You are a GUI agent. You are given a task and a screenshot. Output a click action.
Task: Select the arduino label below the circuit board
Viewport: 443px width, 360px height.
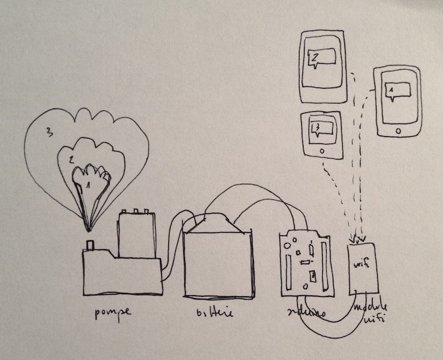point(304,313)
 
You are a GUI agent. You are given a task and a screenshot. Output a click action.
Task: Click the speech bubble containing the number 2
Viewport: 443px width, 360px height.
point(321,58)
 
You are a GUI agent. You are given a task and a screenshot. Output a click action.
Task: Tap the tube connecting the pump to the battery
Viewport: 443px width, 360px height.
point(173,244)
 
